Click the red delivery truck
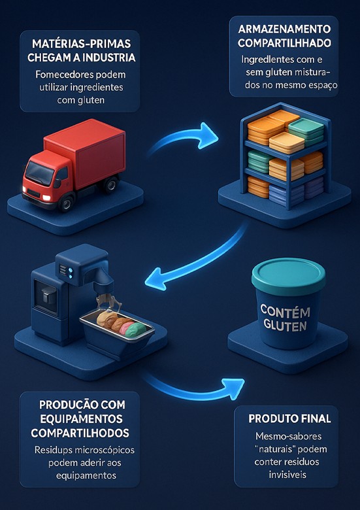(74, 164)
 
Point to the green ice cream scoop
(136, 330)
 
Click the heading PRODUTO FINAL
(289, 418)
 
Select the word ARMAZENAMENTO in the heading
(284, 29)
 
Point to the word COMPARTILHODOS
(80, 433)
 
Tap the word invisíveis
(287, 475)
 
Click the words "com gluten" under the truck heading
(80, 100)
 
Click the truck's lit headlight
(46, 197)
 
